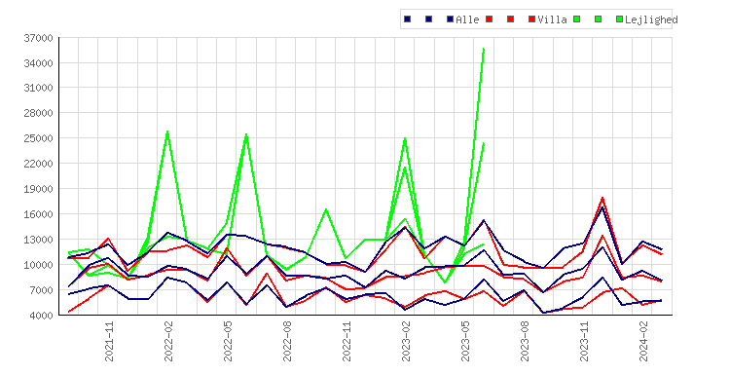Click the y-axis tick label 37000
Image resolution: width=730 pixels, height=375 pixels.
coord(38,38)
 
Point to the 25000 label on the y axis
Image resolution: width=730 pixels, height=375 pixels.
coord(38,138)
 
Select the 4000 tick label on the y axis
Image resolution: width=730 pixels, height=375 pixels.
coord(41,316)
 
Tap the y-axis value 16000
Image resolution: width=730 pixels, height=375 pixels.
coord(38,214)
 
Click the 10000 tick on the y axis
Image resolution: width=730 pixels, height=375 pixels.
coord(38,265)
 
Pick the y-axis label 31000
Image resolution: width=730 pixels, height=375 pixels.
coord(38,88)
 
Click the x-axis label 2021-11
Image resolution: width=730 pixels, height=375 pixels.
coord(109,341)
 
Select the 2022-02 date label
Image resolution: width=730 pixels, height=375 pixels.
coord(168,341)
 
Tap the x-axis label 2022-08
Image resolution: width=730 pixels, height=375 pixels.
coord(287,341)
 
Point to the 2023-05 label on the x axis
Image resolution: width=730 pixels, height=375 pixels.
coord(465,341)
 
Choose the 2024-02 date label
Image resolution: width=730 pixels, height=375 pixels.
coord(643,341)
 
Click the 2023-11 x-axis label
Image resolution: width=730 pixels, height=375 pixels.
coord(584,341)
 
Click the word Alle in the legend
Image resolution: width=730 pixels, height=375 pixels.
coord(467,19)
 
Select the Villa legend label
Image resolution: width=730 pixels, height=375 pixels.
coord(552,19)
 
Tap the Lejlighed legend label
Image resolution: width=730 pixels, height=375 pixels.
coord(651,19)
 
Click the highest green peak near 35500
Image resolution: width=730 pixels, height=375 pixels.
coord(484,49)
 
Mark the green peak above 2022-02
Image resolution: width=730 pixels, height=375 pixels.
coord(167,131)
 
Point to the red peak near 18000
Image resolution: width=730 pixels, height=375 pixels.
coord(602,198)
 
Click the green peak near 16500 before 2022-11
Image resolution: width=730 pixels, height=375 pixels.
coord(326,209)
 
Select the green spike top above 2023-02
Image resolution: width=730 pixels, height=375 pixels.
coord(405,139)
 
